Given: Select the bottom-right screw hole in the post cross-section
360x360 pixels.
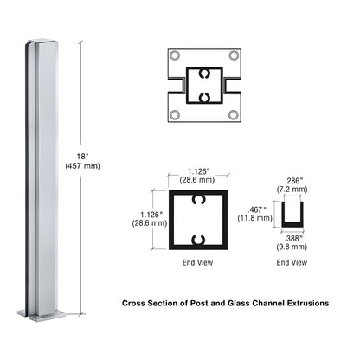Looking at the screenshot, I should [x=234, y=113].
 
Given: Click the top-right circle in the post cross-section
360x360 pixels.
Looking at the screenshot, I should [x=234, y=56].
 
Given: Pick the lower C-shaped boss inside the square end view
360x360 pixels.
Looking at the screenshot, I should [x=203, y=238].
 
